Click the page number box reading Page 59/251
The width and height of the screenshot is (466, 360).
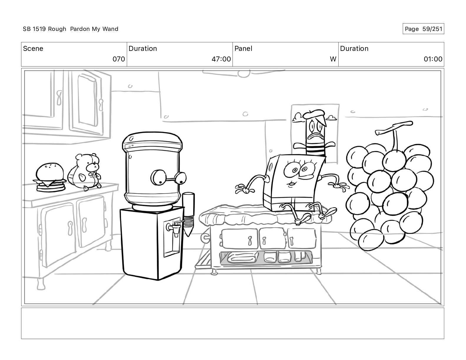(x=423, y=29)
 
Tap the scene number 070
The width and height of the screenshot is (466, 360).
(x=119, y=59)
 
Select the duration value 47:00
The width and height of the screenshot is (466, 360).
(x=221, y=59)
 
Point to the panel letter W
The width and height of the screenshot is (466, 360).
(x=333, y=59)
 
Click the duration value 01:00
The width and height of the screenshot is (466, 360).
(x=433, y=59)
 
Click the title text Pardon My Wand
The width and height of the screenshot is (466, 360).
(x=94, y=29)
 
